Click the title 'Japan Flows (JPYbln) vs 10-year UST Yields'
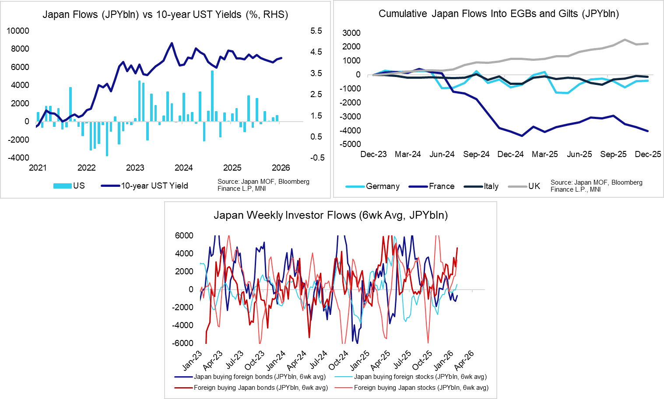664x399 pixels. (165, 14)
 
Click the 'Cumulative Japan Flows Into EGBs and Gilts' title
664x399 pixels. (499, 14)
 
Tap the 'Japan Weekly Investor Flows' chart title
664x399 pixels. (330, 215)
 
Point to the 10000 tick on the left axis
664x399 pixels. (18, 31)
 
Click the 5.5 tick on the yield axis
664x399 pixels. (316, 31)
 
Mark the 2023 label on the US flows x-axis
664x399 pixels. (135, 168)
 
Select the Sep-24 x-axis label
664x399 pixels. (476, 154)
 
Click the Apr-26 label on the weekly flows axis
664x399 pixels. (464, 360)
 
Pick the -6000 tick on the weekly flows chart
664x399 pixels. (184, 343)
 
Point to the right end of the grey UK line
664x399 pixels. (648, 43)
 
